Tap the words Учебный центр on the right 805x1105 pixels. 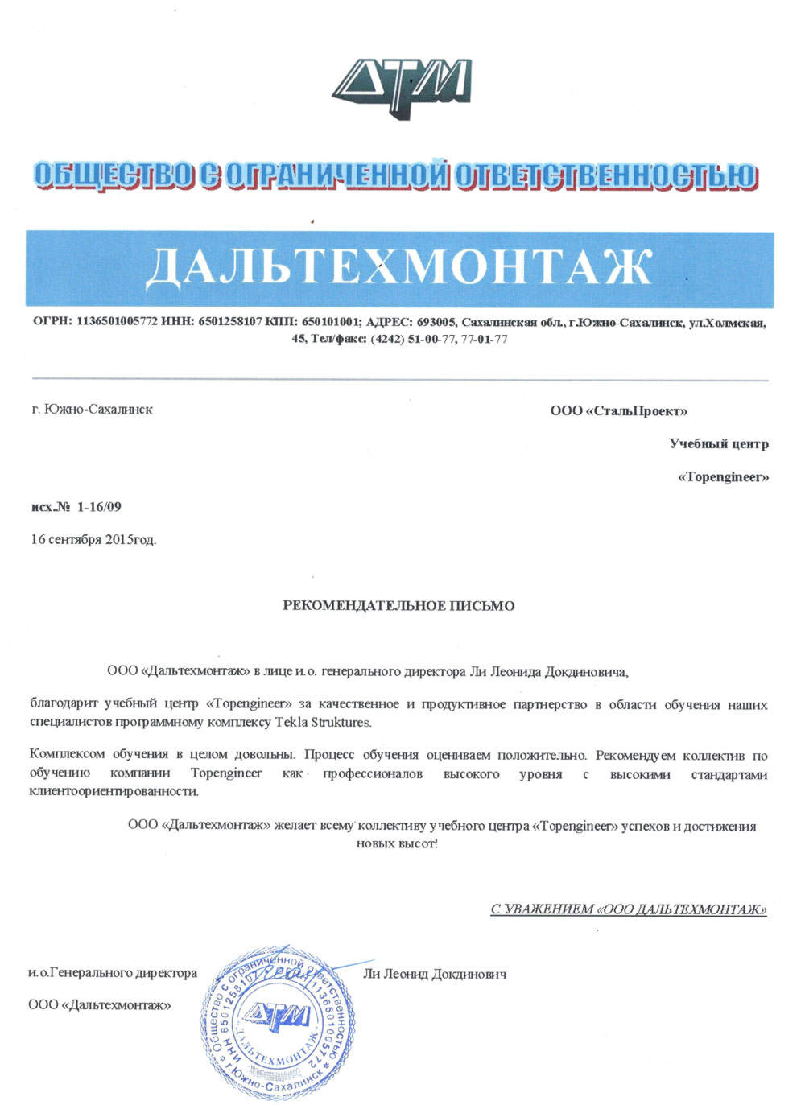click(x=718, y=443)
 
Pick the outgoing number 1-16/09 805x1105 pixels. click(x=100, y=506)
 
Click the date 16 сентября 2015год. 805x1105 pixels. click(x=93, y=539)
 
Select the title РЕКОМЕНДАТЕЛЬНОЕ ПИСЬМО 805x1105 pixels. click(x=398, y=605)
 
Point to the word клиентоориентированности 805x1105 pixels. click(x=114, y=790)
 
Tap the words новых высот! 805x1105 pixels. click(x=397, y=843)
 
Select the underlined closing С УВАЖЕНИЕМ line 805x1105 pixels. click(x=628, y=909)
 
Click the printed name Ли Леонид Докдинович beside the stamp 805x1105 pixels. click(x=435, y=974)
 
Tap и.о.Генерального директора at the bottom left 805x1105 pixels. click(x=113, y=973)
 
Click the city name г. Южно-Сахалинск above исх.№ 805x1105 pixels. click(x=92, y=409)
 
